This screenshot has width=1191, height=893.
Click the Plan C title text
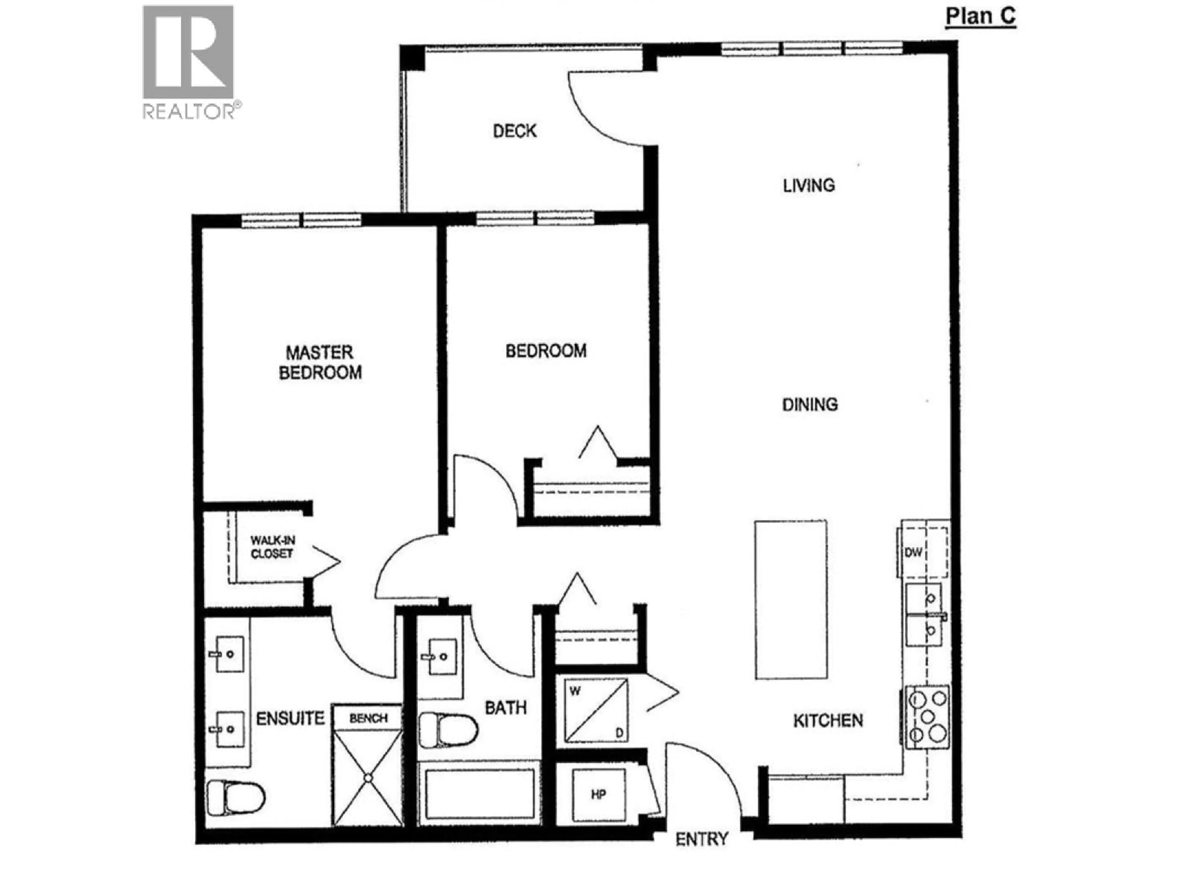pyautogui.click(x=980, y=16)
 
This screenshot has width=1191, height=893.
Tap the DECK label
pyautogui.click(x=515, y=131)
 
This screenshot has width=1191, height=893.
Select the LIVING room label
pyautogui.click(x=809, y=186)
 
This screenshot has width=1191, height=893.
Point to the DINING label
pyautogui.click(x=810, y=404)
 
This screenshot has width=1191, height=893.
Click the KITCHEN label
pyautogui.click(x=827, y=721)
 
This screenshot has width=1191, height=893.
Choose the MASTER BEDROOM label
pyautogui.click(x=320, y=363)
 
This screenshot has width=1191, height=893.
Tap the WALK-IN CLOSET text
pyautogui.click(x=272, y=547)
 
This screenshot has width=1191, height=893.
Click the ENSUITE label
pyautogui.click(x=290, y=719)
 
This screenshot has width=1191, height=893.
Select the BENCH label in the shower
pyautogui.click(x=368, y=718)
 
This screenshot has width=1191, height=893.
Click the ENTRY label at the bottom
pyautogui.click(x=702, y=839)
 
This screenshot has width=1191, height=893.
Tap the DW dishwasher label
pyautogui.click(x=913, y=552)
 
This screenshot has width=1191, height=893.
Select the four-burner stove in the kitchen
pyautogui.click(x=927, y=717)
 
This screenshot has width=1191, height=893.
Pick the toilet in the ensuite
pyautogui.click(x=236, y=797)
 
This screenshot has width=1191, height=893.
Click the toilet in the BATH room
pyautogui.click(x=448, y=731)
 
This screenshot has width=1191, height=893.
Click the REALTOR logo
pyautogui.click(x=189, y=62)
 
